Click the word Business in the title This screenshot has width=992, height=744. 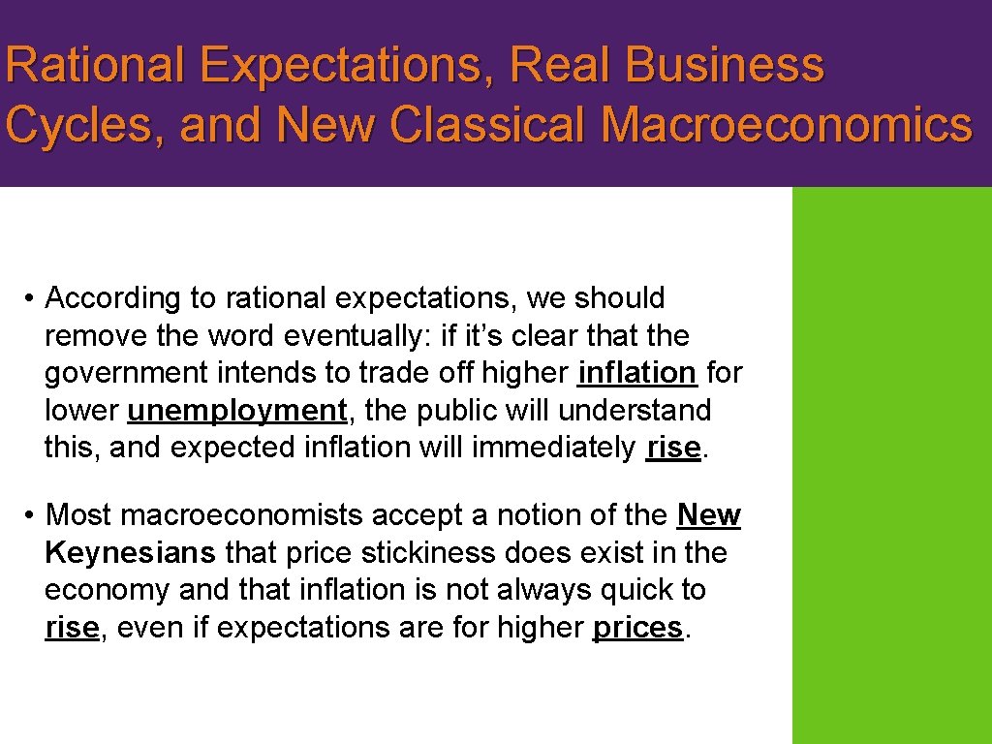point(725,66)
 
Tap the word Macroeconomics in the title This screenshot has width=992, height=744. point(786,125)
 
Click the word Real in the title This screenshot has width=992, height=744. point(563,66)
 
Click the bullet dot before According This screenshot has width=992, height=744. point(31,298)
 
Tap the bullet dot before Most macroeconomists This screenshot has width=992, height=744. point(31,515)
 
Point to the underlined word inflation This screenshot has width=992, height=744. point(636,373)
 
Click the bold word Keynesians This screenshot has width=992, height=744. point(131,552)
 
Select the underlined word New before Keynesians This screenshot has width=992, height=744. point(709,515)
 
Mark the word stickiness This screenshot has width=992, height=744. point(463,552)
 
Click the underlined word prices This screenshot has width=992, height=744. point(638,628)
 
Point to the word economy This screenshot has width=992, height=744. point(107,590)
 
